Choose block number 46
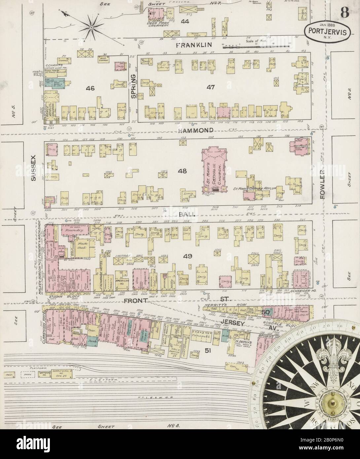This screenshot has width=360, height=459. point(90,88)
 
